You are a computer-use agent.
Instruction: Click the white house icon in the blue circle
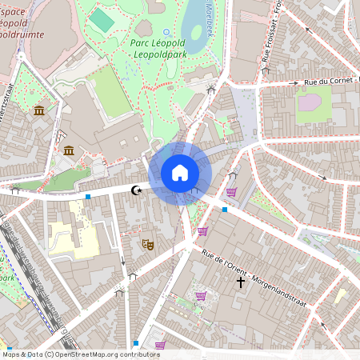tap(180, 173)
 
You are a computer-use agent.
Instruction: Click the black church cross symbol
tap(240, 282)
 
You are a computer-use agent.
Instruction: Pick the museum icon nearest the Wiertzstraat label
tap(39, 110)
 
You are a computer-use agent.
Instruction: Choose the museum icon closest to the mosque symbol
tap(69, 150)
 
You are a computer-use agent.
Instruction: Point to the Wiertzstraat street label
tap(7, 113)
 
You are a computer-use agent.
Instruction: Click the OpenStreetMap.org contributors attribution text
tap(104, 354)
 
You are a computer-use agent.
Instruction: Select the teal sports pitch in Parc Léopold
tap(101, 19)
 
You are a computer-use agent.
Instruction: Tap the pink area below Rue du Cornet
tap(313, 105)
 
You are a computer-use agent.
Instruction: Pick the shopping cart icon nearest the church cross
tap(201, 295)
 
